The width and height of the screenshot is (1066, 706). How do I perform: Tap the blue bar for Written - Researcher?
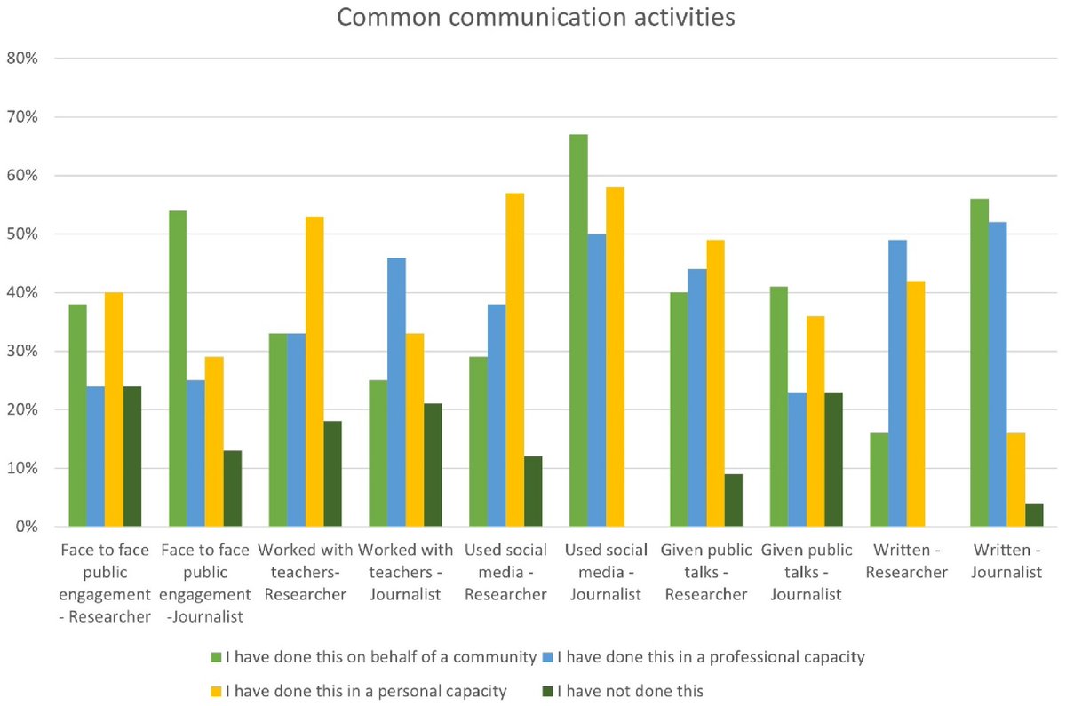[x=897, y=383]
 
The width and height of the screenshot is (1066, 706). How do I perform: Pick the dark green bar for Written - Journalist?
[x=1034, y=515]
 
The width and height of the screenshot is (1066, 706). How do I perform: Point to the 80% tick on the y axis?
[x=36, y=59]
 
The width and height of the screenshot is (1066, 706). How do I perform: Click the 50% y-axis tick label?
[x=36, y=234]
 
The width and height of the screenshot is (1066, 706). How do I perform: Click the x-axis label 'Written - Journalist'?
[x=1006, y=561]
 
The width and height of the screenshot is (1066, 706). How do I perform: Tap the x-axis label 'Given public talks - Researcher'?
[x=705, y=572]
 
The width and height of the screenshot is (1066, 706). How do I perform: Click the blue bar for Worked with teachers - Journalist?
[x=396, y=392]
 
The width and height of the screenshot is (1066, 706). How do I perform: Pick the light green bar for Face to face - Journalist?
[x=178, y=369]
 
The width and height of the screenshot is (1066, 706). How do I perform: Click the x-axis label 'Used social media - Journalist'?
[x=604, y=572]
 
